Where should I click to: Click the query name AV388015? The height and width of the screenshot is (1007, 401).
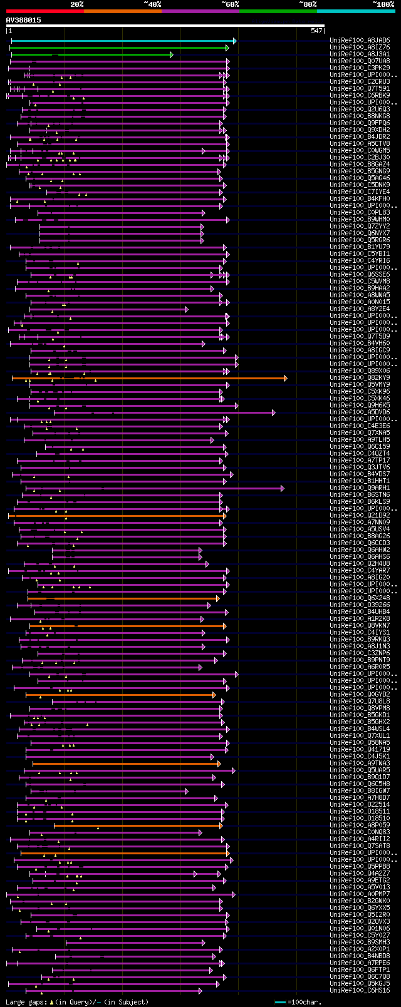tap(24, 20)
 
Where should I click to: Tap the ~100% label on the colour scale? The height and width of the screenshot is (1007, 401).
tap(383, 4)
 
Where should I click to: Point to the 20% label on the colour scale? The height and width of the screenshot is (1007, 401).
tap(76, 4)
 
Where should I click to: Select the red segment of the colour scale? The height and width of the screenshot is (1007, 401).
tap(44, 11)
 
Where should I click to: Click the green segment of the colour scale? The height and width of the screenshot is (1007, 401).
tap(278, 11)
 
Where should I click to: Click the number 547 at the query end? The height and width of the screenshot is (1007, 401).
tap(316, 31)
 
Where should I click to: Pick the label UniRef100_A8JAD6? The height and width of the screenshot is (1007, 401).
tap(360, 41)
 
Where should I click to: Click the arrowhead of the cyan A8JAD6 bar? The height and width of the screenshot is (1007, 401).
tap(235, 41)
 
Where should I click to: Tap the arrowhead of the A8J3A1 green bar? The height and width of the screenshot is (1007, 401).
tap(171, 54)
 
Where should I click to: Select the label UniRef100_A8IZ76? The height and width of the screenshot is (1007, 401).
tap(360, 48)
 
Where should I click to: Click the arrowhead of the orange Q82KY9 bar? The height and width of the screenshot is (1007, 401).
tap(285, 378)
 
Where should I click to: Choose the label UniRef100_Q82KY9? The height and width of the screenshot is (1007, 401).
tap(360, 378)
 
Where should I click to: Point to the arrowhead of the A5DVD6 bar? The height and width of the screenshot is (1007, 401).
tap(273, 412)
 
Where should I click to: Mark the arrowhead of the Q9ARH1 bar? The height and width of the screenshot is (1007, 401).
tap(282, 488)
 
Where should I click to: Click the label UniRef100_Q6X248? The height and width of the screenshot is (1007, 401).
tap(360, 598)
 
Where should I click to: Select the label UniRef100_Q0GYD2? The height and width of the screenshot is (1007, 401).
tap(360, 695)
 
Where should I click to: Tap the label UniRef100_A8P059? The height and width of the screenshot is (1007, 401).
tap(360, 826)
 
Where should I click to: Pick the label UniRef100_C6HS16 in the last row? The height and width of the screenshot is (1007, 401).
tap(360, 991)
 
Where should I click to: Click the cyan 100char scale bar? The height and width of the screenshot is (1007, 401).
tap(280, 1002)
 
